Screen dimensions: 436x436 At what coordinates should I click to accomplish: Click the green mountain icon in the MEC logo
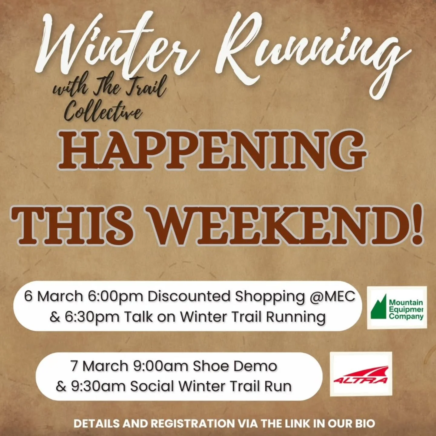click(379, 307)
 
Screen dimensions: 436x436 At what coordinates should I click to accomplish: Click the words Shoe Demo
click(235, 366)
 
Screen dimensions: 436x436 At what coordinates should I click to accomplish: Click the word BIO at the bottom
click(364, 423)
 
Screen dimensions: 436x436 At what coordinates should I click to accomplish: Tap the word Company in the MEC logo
click(406, 316)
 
